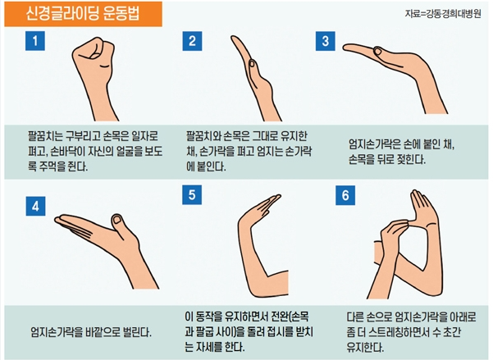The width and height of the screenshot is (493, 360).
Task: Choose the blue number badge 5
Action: [x=191, y=197]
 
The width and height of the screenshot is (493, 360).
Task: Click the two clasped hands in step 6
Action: [x=410, y=226]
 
